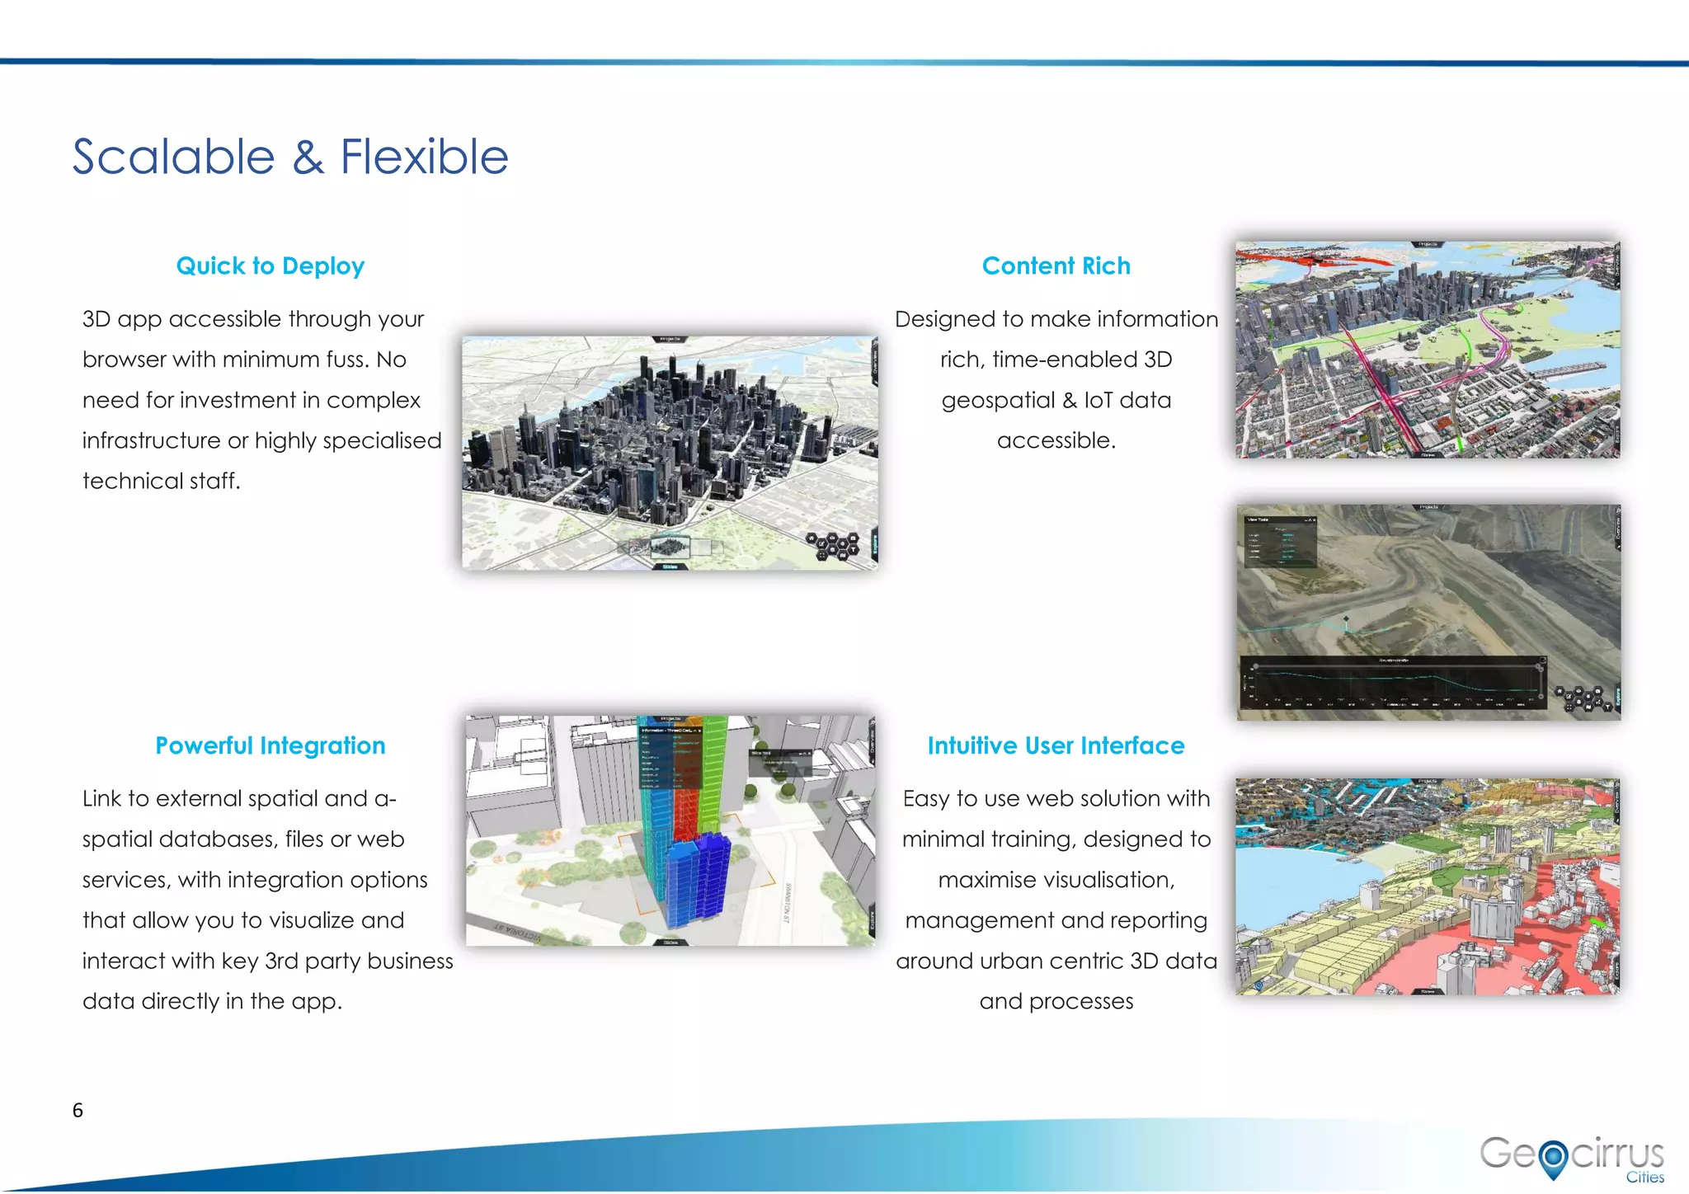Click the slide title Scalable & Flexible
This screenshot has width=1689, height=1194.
point(289,157)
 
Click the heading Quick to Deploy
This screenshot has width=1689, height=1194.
point(270,266)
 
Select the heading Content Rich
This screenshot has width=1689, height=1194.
point(1056,266)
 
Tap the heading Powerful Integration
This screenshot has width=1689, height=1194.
point(270,745)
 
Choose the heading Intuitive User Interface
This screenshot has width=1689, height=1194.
point(1056,745)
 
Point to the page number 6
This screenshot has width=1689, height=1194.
point(78,1110)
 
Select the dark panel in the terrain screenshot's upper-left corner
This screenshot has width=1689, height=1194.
point(1279,541)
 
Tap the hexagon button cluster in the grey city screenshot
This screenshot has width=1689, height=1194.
point(833,545)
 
